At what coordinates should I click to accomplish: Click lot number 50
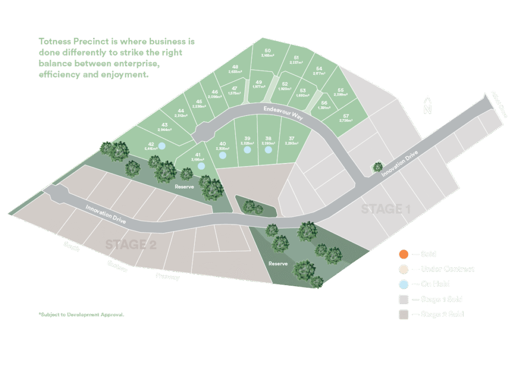[x=268, y=51]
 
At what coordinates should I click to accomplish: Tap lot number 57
[x=346, y=115]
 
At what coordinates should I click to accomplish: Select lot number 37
[x=292, y=138]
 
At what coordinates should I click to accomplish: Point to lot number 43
[x=165, y=125]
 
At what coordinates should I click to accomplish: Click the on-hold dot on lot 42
[x=162, y=146]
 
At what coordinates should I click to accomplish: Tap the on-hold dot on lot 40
[x=222, y=154]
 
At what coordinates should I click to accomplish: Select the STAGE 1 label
[x=386, y=209]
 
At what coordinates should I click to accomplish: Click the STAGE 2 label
[x=130, y=244]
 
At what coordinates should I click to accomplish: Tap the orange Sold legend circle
[x=403, y=254]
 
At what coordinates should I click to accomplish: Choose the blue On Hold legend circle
[x=403, y=284]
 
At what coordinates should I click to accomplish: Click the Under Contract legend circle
[x=403, y=269]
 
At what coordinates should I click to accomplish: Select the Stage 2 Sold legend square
[x=403, y=314]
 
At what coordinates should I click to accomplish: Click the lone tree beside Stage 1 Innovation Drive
[x=377, y=167]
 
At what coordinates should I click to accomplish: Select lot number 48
[x=235, y=67]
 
